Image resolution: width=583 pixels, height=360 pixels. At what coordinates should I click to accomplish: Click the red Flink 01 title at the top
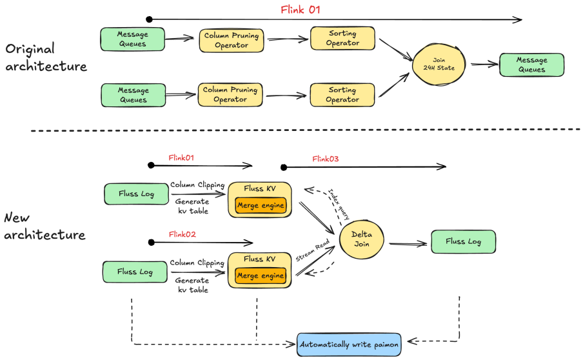(300, 10)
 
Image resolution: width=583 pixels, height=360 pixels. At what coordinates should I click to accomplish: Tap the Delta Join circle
(361, 239)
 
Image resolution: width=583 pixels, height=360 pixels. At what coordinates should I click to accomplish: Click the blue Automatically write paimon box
(350, 344)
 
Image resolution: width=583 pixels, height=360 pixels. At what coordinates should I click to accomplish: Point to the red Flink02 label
(182, 234)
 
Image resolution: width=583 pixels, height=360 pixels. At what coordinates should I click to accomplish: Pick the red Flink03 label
(325, 159)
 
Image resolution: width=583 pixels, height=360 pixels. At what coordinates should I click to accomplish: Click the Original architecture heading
(45, 57)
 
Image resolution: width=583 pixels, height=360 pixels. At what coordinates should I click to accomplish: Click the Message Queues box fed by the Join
(531, 65)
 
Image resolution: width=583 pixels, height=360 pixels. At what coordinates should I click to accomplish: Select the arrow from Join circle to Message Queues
(484, 64)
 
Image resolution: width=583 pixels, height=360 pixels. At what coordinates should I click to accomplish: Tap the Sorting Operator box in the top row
(342, 39)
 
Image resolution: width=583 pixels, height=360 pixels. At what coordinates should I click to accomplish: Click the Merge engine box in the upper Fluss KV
(261, 205)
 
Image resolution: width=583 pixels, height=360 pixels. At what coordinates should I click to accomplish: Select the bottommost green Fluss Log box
(135, 272)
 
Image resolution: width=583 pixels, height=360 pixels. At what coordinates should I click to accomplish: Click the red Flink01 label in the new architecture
(181, 157)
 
